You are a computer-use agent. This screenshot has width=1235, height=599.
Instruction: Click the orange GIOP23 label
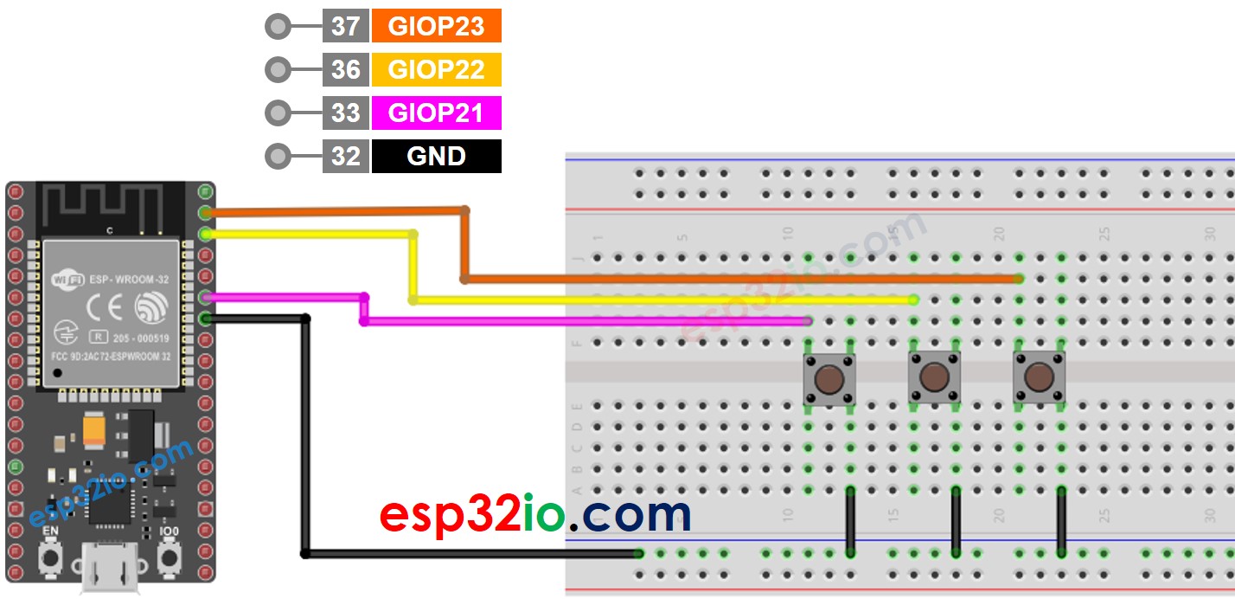click(x=436, y=26)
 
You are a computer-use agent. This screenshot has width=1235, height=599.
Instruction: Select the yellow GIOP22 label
click(x=436, y=69)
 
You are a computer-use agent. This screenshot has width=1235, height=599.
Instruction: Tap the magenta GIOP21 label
click(x=436, y=113)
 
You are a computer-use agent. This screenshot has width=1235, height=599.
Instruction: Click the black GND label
click(x=436, y=156)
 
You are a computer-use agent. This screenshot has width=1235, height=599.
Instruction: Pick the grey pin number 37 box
click(x=345, y=26)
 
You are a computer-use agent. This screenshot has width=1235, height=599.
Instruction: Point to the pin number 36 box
click(x=345, y=69)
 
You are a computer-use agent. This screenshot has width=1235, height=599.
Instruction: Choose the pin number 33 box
click(x=345, y=113)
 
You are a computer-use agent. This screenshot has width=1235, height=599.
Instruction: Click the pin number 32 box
click(x=345, y=156)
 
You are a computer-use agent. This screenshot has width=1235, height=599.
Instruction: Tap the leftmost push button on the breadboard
click(x=829, y=378)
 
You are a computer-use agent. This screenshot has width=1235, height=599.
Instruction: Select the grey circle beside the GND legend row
click(x=278, y=157)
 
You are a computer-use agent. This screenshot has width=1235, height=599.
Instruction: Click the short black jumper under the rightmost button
click(x=1061, y=521)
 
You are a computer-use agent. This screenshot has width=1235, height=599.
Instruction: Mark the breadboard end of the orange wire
click(x=1020, y=279)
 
